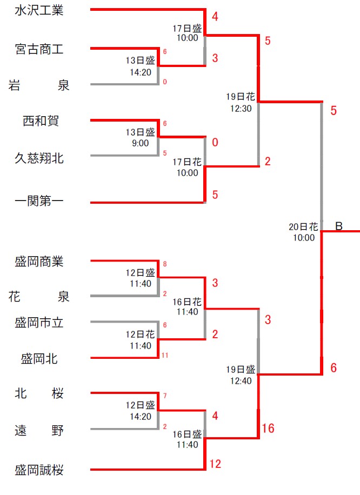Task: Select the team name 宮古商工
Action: click(39, 49)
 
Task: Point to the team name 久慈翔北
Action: click(39, 157)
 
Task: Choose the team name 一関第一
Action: click(39, 203)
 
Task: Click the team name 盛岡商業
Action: click(39, 262)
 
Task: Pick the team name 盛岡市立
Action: click(39, 323)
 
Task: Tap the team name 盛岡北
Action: click(39, 358)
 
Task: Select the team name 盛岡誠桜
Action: click(39, 470)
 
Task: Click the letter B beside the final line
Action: click(339, 226)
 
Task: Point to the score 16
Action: click(268, 429)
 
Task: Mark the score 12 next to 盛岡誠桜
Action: click(215, 464)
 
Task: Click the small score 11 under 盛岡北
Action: click(165, 356)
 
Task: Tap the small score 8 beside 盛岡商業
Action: click(165, 265)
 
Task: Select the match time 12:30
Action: click(240, 108)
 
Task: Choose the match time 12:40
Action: click(240, 380)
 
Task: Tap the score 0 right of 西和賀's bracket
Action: click(215, 143)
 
